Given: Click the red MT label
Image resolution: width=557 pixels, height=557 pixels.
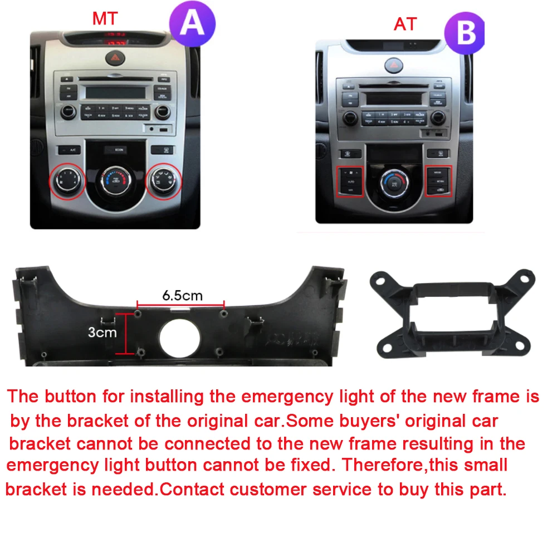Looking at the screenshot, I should click(105, 18).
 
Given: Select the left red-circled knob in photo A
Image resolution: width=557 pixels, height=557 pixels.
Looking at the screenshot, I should click(66, 180).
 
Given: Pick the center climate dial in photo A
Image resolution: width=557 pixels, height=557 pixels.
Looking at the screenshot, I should click(114, 182).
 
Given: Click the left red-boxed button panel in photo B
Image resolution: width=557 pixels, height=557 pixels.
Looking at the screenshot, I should click(350, 181).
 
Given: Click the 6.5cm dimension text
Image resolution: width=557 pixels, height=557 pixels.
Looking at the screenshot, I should click(182, 295).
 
